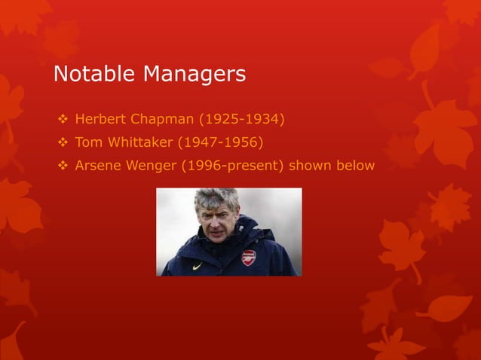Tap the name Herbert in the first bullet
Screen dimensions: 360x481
pos(103,120)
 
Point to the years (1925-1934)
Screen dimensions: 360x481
pos(240,120)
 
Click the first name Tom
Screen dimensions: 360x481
pos(89,142)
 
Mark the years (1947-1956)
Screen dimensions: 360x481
pos(220,142)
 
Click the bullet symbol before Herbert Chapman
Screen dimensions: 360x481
pos(63,120)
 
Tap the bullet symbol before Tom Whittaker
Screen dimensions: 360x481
pos(63,142)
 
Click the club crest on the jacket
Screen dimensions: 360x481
pos(248,257)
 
